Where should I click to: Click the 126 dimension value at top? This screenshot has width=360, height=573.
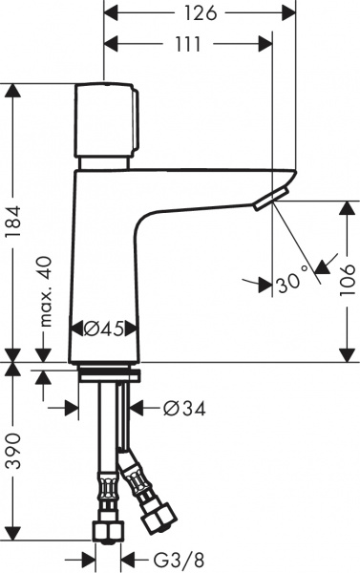click(196, 12)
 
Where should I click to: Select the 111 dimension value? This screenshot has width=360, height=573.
click(187, 44)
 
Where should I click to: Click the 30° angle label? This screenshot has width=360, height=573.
click(292, 281)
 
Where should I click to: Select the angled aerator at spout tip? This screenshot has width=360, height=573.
click(269, 199)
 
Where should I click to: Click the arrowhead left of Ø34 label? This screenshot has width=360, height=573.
click(137, 408)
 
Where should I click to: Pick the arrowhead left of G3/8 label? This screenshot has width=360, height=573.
click(127, 557)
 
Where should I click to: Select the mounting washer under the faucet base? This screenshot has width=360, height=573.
click(107, 372)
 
